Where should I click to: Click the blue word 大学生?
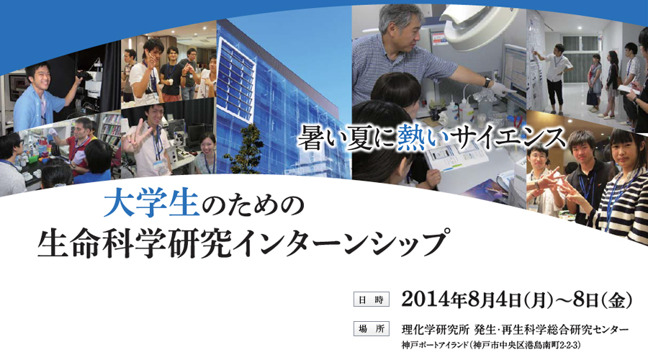[x=151, y=205]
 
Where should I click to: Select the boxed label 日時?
[x=371, y=300]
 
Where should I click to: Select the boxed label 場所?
[x=371, y=328]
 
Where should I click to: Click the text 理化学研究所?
[x=435, y=330]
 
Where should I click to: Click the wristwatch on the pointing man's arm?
[x=487, y=81]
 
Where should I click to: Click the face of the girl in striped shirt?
[x=628, y=152]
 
